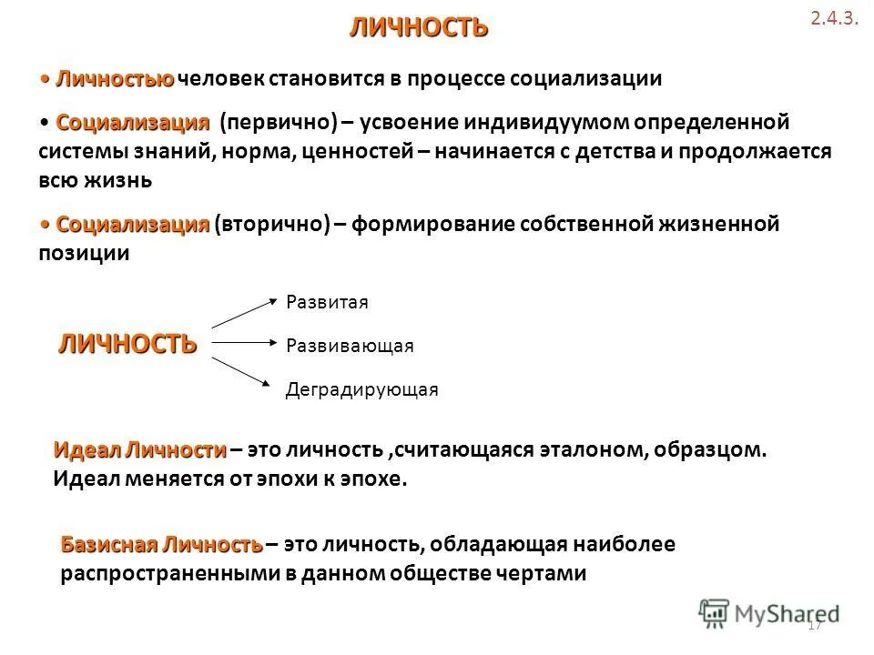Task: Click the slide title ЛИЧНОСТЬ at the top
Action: click(419, 27)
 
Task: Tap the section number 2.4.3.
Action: click(834, 20)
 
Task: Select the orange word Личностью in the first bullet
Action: click(115, 78)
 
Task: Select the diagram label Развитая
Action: click(327, 302)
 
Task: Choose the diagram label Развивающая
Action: click(350, 346)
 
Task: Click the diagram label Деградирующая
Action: click(361, 390)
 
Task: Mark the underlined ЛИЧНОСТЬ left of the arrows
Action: click(127, 343)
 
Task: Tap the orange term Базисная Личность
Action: click(161, 545)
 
